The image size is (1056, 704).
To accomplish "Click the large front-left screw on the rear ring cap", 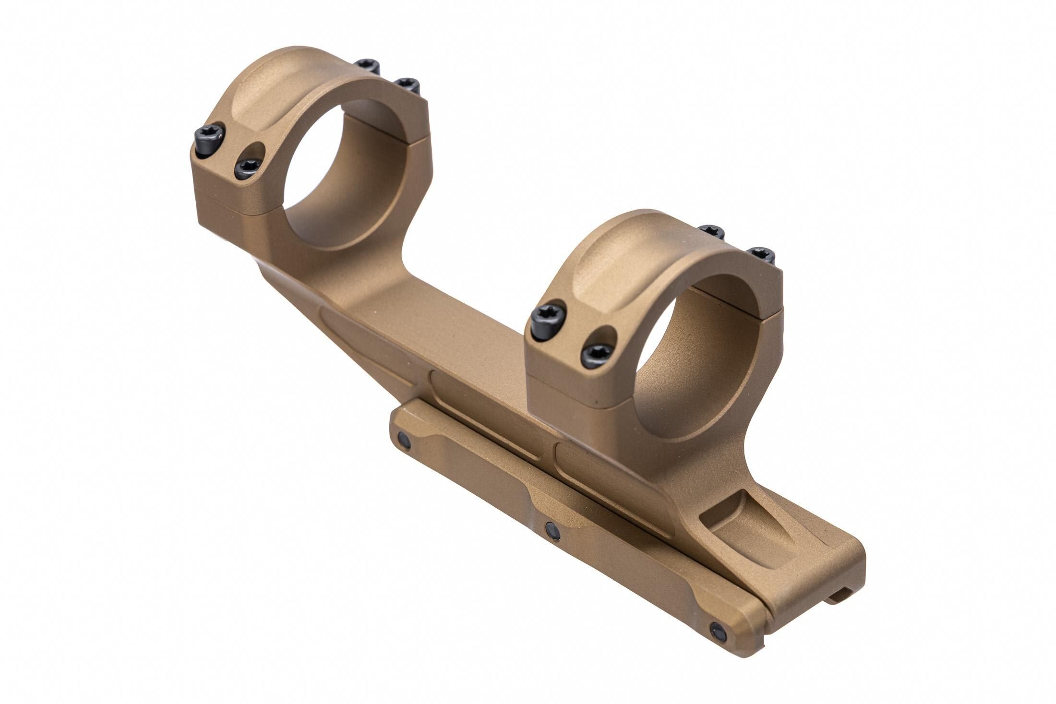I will tap(210, 140).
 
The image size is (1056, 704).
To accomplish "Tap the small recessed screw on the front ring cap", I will tap(597, 355).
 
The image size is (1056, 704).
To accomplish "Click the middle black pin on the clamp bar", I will tap(553, 530).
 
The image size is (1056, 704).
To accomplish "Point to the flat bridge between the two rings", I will tap(442, 326).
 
